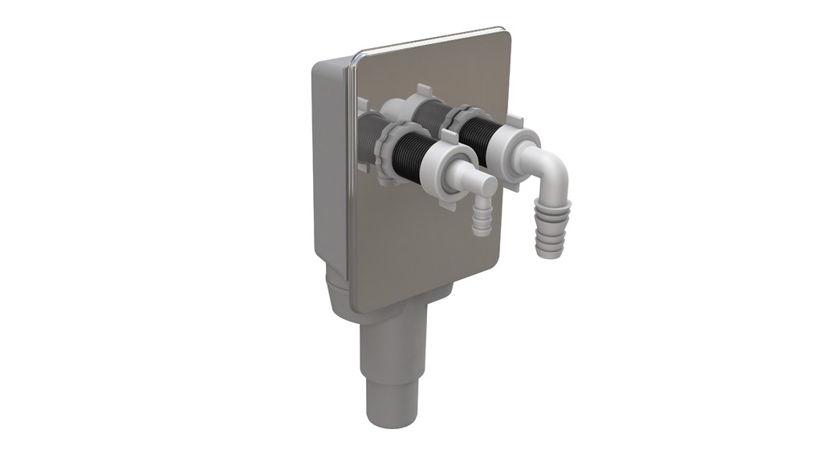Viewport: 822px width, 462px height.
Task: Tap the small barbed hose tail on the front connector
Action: (482, 218)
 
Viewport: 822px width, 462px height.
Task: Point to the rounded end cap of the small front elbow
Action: (487, 187)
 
